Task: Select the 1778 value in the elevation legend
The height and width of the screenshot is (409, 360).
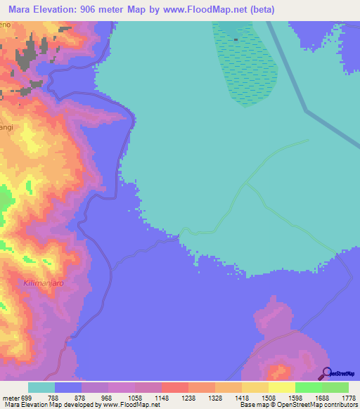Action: point(348,397)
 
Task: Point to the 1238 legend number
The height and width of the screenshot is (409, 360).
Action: point(188,397)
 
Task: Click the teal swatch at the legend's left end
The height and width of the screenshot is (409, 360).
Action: point(41,387)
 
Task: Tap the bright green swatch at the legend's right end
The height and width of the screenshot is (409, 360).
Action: point(335,387)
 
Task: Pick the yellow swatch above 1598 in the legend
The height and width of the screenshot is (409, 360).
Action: point(281,387)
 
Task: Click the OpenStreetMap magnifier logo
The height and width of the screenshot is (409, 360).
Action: point(325,373)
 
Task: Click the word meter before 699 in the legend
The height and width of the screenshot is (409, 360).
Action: point(12,397)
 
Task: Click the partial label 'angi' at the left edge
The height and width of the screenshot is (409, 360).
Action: point(6,127)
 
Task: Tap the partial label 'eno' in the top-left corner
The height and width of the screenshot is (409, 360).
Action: point(6,25)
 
